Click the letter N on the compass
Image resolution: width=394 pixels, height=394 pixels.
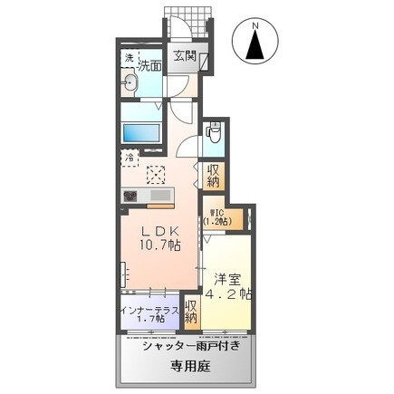[256, 26]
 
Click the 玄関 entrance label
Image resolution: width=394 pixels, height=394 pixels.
[185, 55]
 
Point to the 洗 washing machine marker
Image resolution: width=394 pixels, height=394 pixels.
[129, 59]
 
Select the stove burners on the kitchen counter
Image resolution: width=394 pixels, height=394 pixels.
[129, 195]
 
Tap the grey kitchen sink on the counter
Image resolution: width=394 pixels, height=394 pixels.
[159, 195]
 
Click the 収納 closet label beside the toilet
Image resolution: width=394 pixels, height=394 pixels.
[213, 175]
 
